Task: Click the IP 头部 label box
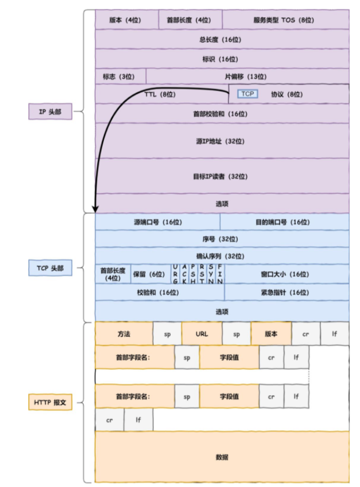pos(50,112)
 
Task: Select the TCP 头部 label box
pos(50,269)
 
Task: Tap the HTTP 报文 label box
pos(50,402)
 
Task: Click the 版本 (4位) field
pos(127,19)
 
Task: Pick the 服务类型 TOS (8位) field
pos(286,19)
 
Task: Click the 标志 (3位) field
pos(120,76)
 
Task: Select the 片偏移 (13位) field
pos(247,76)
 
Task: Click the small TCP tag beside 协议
pos(247,94)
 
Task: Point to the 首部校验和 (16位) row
pos(222,113)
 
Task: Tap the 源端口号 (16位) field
pos(157,222)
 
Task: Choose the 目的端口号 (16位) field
pos(284,222)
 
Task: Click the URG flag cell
pos(176,274)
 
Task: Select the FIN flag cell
pos(220,274)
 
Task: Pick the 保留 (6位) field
pos(151,274)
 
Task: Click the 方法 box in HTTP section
pos(124,334)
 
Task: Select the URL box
pos(202,334)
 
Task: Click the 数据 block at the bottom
pos(222,457)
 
